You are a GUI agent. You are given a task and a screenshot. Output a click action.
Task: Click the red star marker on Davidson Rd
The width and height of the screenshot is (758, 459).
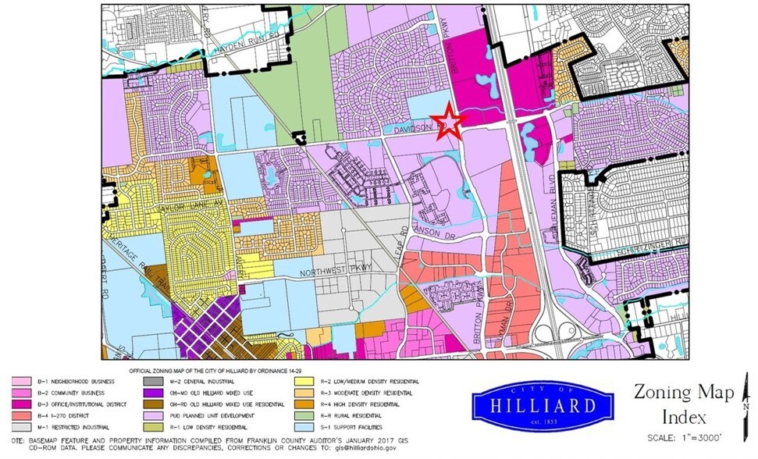pos(450,121)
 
